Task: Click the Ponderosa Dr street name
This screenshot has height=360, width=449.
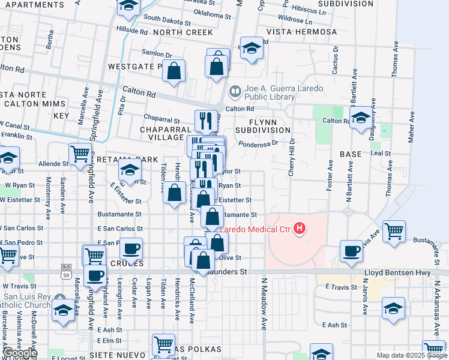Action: click(x=258, y=143)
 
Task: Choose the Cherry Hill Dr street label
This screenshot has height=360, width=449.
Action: click(x=292, y=157)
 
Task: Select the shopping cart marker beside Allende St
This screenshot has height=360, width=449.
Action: click(x=80, y=153)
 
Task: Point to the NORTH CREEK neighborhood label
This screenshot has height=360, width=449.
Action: click(x=182, y=31)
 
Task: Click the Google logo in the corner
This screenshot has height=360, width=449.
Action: click(x=19, y=353)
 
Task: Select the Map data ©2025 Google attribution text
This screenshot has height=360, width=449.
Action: click(x=411, y=355)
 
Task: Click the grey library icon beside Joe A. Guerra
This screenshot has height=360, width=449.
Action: click(x=235, y=92)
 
